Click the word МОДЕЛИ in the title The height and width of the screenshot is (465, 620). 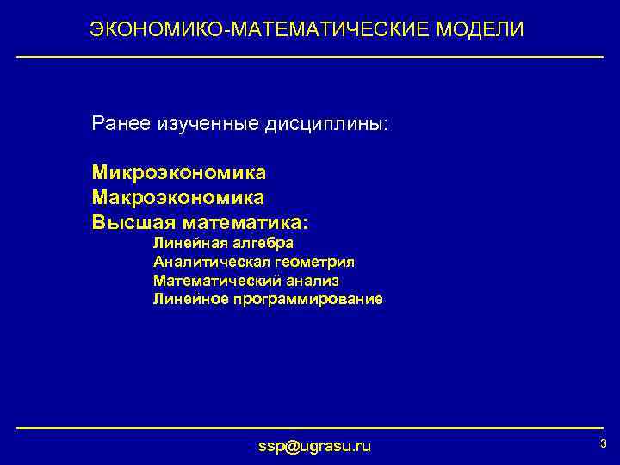(480, 30)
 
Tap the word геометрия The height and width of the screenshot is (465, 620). (312, 262)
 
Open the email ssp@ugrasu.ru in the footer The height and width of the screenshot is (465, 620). (314, 446)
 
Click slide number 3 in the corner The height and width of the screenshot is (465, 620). (603, 444)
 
